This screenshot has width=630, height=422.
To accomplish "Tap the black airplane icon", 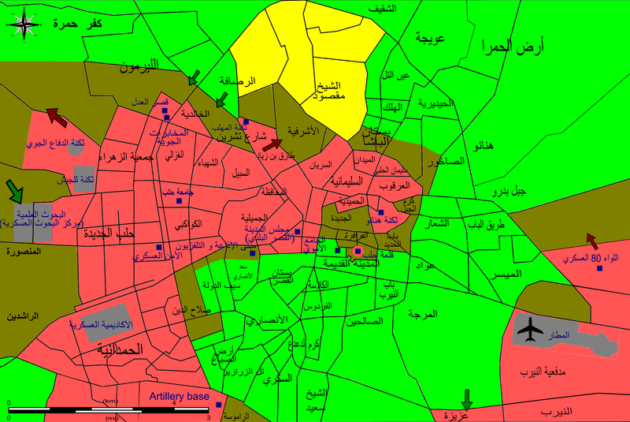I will [532, 327].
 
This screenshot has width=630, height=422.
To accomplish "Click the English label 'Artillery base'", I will [180, 397].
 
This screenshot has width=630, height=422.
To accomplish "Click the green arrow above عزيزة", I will [467, 398].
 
